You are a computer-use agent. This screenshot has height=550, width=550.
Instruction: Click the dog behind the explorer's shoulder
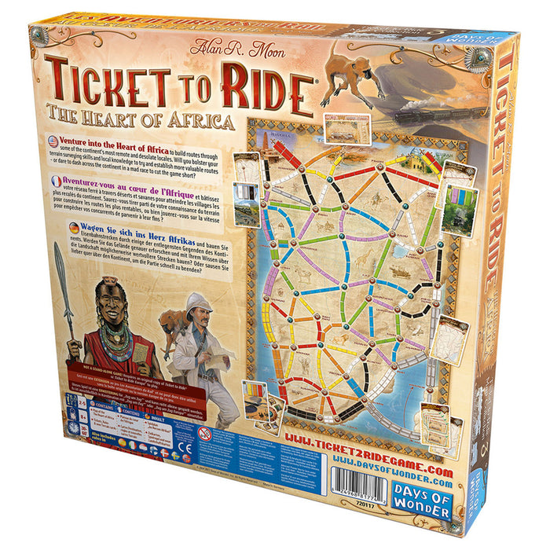click(x=170, y=321)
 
